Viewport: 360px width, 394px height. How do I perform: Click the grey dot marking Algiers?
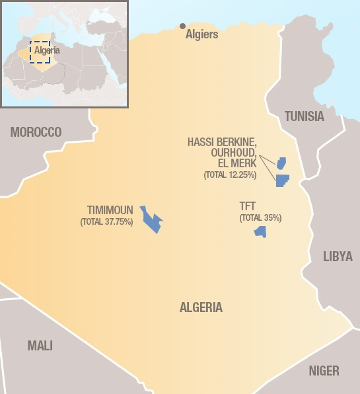182,26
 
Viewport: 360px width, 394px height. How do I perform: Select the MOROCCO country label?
36,132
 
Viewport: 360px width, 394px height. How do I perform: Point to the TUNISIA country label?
304,116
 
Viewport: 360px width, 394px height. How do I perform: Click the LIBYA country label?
338,256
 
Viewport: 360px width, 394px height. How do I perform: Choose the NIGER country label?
324,370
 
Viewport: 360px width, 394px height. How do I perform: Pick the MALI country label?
40,345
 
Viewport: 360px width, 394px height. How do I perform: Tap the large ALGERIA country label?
201,307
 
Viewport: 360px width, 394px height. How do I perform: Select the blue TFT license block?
260,231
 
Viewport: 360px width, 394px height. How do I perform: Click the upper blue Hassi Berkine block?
281,163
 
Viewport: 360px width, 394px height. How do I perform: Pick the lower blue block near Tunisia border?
282,180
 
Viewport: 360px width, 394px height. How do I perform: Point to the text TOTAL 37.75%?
106,222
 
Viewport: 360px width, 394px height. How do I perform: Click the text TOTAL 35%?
260,217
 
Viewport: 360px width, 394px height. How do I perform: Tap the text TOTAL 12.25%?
230,175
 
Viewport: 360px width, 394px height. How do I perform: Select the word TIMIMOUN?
110,210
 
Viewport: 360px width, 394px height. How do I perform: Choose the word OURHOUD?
232,153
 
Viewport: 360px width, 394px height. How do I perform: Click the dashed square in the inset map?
40,52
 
